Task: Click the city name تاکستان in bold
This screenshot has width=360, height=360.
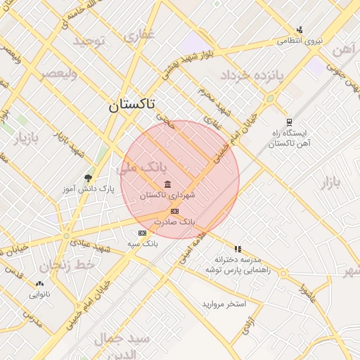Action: [x=133, y=105]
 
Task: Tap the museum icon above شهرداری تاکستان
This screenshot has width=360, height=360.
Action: [x=167, y=185]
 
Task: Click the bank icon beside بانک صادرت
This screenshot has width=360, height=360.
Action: [x=174, y=211]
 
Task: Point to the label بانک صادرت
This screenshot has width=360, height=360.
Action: [x=179, y=221]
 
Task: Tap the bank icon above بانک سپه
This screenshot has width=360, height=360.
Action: [x=143, y=233]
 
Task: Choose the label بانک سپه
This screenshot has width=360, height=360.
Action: [x=143, y=243]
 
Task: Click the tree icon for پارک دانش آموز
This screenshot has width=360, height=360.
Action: [x=88, y=178]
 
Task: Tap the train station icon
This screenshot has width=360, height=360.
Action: [x=289, y=121]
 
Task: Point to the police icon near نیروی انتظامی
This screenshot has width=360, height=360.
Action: [x=300, y=30]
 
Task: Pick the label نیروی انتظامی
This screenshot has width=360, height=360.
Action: [x=300, y=41]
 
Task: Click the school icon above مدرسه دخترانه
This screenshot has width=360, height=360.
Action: [x=238, y=249]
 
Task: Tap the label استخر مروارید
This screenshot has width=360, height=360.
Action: [x=224, y=304]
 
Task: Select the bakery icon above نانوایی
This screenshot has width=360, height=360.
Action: [x=39, y=284]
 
